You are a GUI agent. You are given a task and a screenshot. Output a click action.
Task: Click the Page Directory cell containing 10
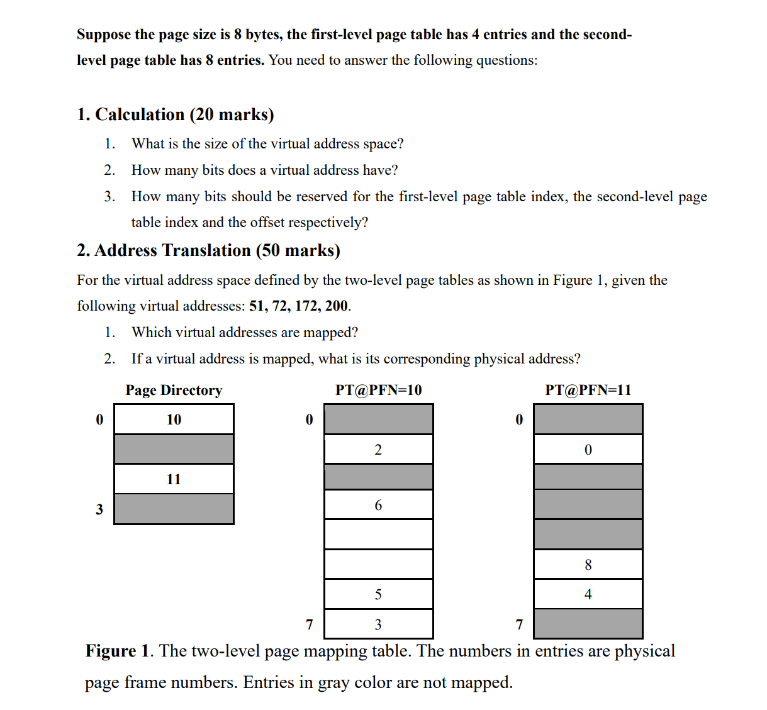point(174,419)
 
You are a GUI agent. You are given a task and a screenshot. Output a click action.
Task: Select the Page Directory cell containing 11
point(174,479)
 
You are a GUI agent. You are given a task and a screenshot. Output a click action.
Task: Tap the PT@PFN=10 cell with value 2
point(378,450)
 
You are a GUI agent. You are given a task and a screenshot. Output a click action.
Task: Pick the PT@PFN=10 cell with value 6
point(378,505)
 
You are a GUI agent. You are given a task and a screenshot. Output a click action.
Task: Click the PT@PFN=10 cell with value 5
point(378,594)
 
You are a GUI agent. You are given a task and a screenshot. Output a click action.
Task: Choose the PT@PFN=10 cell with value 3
point(378,624)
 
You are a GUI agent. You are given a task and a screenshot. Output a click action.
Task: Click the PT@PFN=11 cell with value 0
point(588,450)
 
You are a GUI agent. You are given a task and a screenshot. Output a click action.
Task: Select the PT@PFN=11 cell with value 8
point(588,565)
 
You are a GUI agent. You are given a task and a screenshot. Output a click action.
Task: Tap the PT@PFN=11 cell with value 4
point(588,594)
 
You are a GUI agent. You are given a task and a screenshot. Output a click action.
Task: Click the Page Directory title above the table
point(174,391)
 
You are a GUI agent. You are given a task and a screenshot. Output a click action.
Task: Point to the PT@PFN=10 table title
point(378,390)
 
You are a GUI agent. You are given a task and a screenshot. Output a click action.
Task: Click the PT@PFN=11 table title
point(588,390)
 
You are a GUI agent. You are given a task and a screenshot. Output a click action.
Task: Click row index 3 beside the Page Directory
point(99,509)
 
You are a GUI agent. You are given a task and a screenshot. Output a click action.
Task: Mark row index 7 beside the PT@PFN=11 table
point(519,624)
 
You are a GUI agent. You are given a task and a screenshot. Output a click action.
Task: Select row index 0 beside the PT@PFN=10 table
point(309,419)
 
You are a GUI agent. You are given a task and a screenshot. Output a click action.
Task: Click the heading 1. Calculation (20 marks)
point(176,114)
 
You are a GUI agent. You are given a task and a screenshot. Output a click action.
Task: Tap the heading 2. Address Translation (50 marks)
point(208,250)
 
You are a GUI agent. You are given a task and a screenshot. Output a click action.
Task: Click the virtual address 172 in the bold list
point(306,306)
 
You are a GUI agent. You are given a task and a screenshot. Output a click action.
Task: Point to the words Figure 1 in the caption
point(119,651)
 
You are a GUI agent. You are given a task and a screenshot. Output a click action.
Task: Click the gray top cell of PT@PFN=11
point(588,419)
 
